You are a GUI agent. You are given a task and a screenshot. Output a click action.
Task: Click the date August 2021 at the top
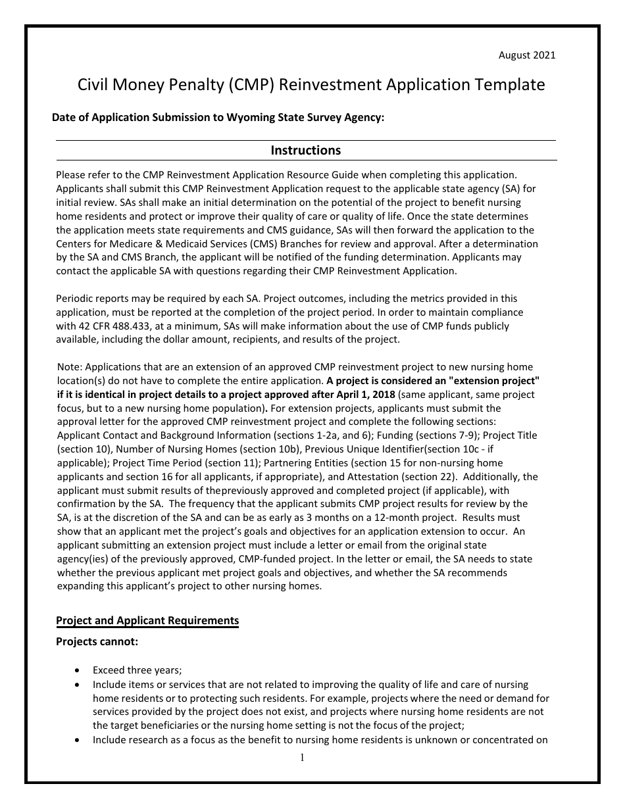pyautogui.click(x=526, y=55)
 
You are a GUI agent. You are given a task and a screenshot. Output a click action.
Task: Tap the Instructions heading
pyautogui.click(x=306, y=151)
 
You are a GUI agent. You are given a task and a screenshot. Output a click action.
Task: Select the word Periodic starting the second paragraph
pyautogui.click(x=75, y=299)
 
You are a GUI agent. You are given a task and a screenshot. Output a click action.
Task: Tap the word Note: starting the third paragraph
pyautogui.click(x=70, y=367)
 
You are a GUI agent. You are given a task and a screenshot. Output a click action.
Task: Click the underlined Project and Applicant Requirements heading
pyautogui.click(x=147, y=620)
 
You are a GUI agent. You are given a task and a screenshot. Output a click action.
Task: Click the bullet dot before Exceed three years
pyautogui.click(x=79, y=670)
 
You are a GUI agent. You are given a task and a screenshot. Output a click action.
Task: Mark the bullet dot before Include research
pyautogui.click(x=79, y=739)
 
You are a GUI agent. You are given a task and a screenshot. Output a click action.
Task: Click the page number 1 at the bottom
pyautogui.click(x=303, y=758)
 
